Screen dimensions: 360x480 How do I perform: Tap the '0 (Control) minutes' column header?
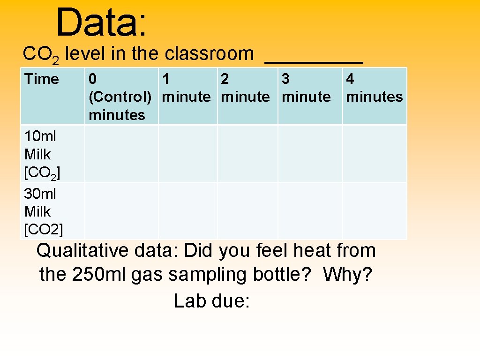tap(120, 97)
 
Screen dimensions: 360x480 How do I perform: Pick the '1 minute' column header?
tap(186, 88)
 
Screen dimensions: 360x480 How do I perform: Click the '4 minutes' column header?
tap(374, 88)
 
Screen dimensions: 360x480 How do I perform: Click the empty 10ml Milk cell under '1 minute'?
tap(187, 153)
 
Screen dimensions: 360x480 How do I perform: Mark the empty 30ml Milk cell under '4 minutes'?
tap(375, 210)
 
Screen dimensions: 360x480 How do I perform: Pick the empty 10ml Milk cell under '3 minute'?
tap(310, 153)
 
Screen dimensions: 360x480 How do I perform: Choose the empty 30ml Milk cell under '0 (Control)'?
tap(121, 210)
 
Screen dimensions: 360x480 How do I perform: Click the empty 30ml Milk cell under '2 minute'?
tap(247, 210)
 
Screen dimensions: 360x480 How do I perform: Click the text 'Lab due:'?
tap(211, 301)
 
